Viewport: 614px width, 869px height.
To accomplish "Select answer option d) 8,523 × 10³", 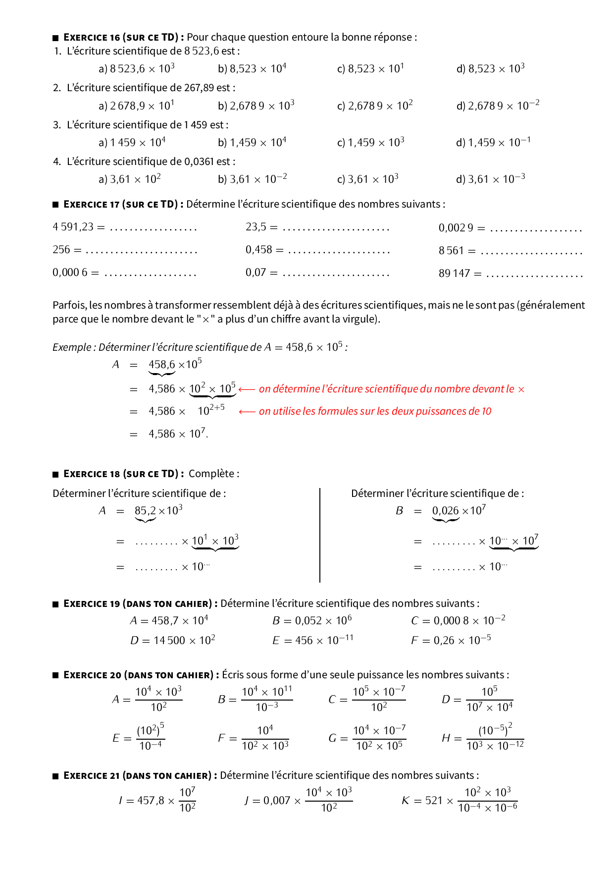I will click(490, 69).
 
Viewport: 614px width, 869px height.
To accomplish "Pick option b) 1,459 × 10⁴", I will click(252, 143).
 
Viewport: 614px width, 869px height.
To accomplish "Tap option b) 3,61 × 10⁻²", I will click(252, 179).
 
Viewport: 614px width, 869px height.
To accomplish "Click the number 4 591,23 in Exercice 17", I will click(73, 227).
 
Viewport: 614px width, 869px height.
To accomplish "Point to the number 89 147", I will click(454, 273).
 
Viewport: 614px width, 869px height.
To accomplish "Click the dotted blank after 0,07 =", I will click(336, 273).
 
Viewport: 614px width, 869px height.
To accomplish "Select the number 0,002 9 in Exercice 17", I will click(456, 228).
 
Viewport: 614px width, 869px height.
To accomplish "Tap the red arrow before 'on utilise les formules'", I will click(247, 411).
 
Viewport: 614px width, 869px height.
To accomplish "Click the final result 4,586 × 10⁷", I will click(178, 434).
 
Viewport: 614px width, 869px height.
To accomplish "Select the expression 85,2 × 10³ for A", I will click(158, 511).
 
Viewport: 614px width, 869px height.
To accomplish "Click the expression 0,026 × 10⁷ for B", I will click(459, 511).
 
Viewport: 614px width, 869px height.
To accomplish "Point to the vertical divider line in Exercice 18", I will click(320, 535).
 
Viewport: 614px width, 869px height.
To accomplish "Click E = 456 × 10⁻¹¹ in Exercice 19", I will click(312, 640).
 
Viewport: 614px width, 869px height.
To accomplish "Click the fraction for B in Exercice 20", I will click(267, 699).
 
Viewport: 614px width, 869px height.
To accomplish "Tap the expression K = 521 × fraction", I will click(459, 800).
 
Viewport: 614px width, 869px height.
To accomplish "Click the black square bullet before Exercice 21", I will click(55, 776).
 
